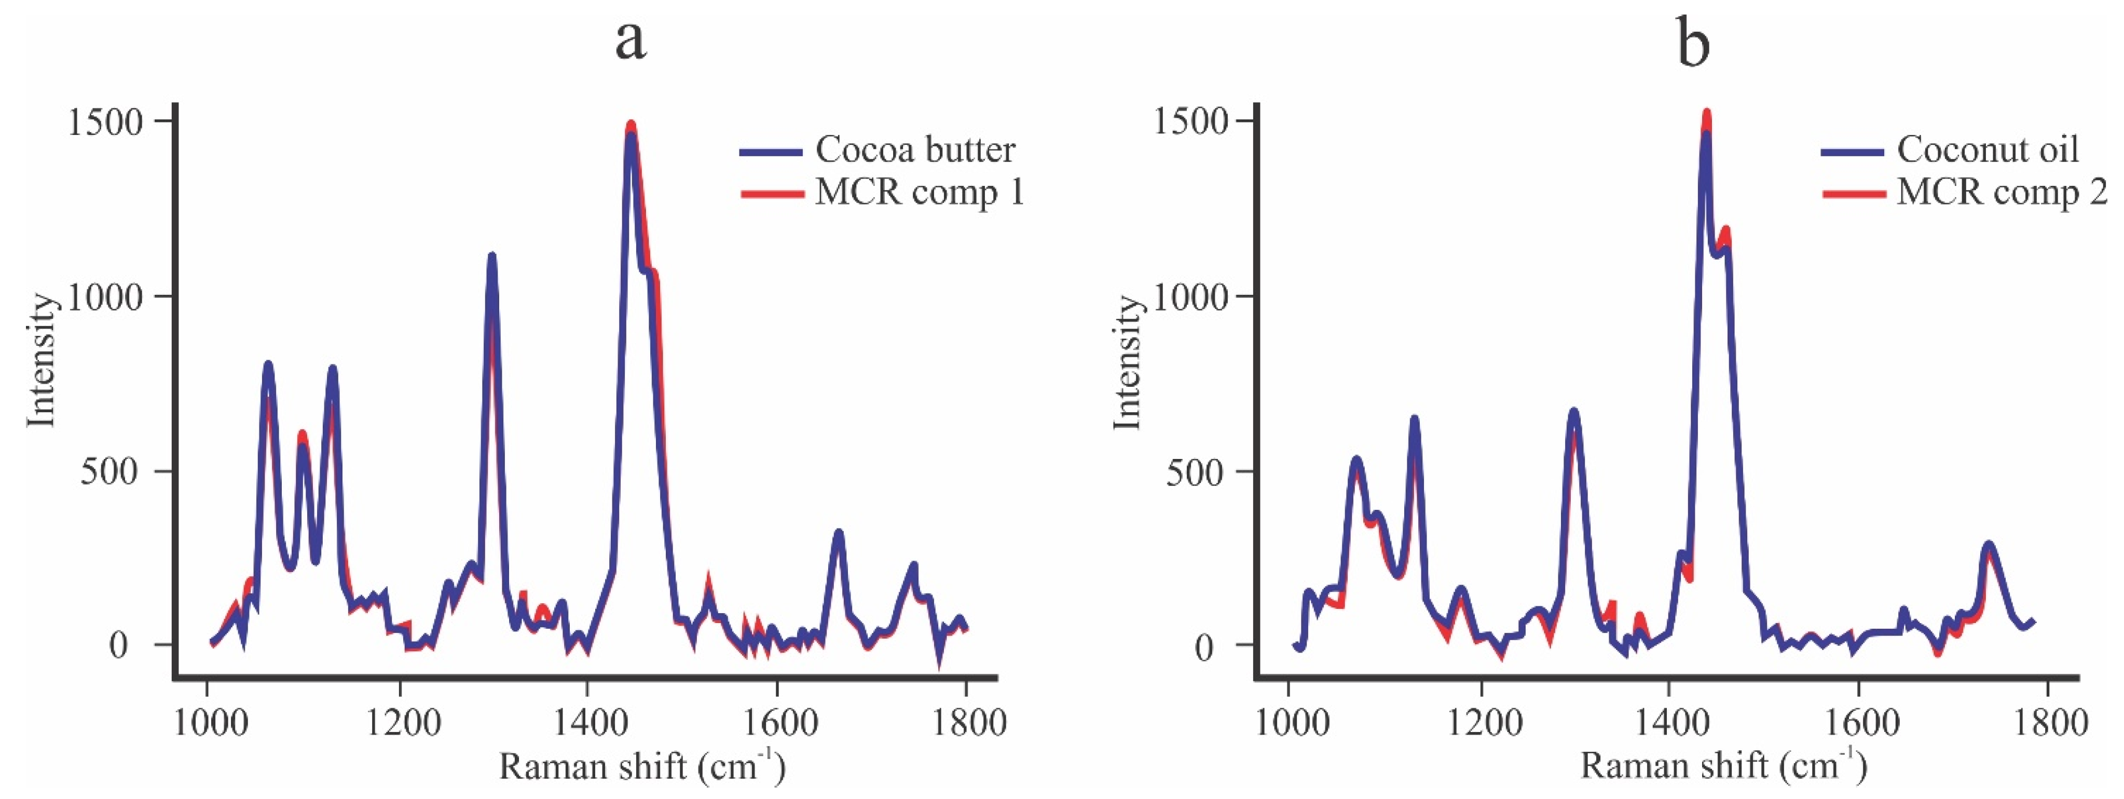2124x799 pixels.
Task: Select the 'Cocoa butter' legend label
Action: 915,150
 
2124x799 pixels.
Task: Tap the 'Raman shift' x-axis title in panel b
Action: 1723,766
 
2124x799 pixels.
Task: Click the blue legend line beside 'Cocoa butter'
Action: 771,151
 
